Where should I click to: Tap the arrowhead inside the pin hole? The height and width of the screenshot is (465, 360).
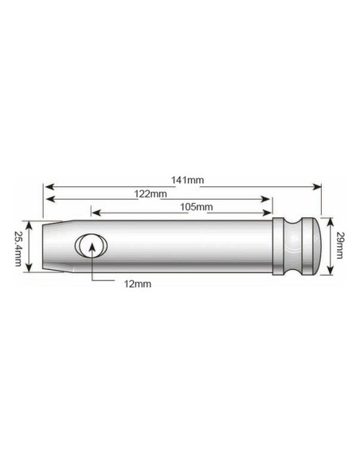pyautogui.click(x=93, y=245)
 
